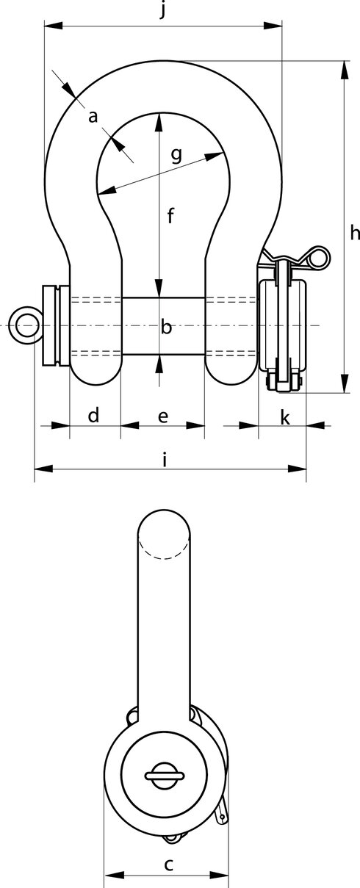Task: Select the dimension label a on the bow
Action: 93,117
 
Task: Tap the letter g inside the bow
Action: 176,154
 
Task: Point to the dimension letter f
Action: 170,216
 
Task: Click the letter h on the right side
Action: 354,233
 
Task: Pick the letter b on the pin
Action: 166,327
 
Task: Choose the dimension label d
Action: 93,415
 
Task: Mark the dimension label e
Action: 163,416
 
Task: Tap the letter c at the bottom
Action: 168,864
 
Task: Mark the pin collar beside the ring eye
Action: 54,325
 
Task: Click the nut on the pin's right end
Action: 282,325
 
